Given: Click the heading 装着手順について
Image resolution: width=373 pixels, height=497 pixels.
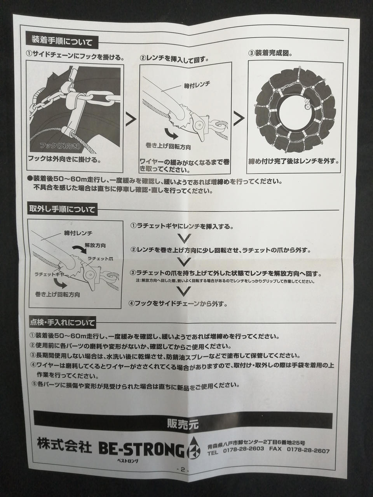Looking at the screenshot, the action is [x=62, y=42].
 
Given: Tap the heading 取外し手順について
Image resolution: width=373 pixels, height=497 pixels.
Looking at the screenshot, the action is [x=62, y=209].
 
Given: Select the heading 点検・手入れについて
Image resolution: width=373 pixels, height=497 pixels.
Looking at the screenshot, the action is [x=62, y=322].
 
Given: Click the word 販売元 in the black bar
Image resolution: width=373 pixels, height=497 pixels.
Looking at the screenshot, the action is [x=183, y=424].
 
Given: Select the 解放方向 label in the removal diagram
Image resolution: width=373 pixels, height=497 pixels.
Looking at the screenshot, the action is [x=95, y=245].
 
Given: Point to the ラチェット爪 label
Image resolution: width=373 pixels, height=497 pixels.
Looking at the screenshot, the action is [x=100, y=259].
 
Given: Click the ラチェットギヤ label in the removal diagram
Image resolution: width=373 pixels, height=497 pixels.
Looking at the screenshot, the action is [x=50, y=274].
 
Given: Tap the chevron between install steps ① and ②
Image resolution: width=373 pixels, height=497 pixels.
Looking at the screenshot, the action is [x=131, y=119].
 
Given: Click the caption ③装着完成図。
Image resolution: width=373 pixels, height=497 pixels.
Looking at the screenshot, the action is [x=270, y=53].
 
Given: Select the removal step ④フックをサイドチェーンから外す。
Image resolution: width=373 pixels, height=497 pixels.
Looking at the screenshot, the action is [x=178, y=303].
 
